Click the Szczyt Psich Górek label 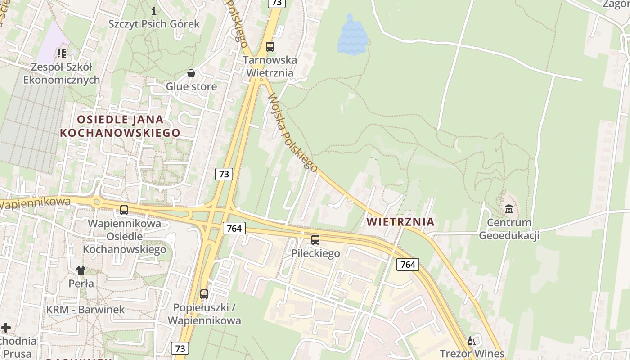154,24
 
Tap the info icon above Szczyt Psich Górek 154,10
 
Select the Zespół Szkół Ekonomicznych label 61,73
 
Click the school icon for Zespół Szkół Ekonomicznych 62,54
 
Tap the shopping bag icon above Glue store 191,73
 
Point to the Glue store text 191,86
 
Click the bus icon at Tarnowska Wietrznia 270,46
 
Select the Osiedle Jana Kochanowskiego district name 120,126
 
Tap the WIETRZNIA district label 400,222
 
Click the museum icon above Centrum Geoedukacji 509,209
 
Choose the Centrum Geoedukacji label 509,229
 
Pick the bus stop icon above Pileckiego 315,240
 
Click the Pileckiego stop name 315,253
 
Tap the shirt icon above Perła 81,270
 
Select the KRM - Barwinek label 85,310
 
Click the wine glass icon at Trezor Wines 472,341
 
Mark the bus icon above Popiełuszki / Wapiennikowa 204,294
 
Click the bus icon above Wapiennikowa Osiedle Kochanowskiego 124,210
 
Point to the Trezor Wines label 472,354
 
